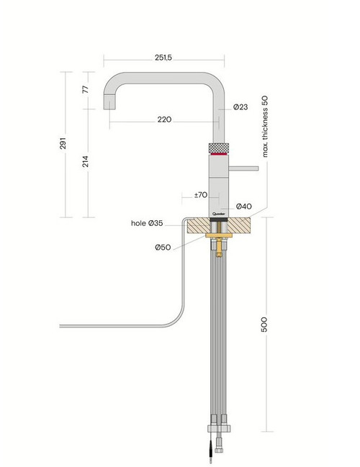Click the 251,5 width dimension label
pos(163,58)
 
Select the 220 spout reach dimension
pos(164,119)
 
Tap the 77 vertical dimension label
pos(86,89)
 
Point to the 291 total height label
pos(63,143)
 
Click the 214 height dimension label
pos(86,161)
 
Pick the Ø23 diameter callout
pos(240,107)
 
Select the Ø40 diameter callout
pos(244,206)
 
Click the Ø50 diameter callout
pos(163,248)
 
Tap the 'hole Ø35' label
pos(147,223)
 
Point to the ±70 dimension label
pos(201,195)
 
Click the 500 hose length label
pos(264,325)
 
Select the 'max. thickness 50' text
pos(265,126)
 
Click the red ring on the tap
pos(219,154)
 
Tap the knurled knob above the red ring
pos(219,148)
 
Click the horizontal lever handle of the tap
pos(243,168)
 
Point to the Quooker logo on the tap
pos(218,214)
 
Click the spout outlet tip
pos(109,109)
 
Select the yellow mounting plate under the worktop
pos(219,235)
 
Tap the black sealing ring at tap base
pos(219,219)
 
